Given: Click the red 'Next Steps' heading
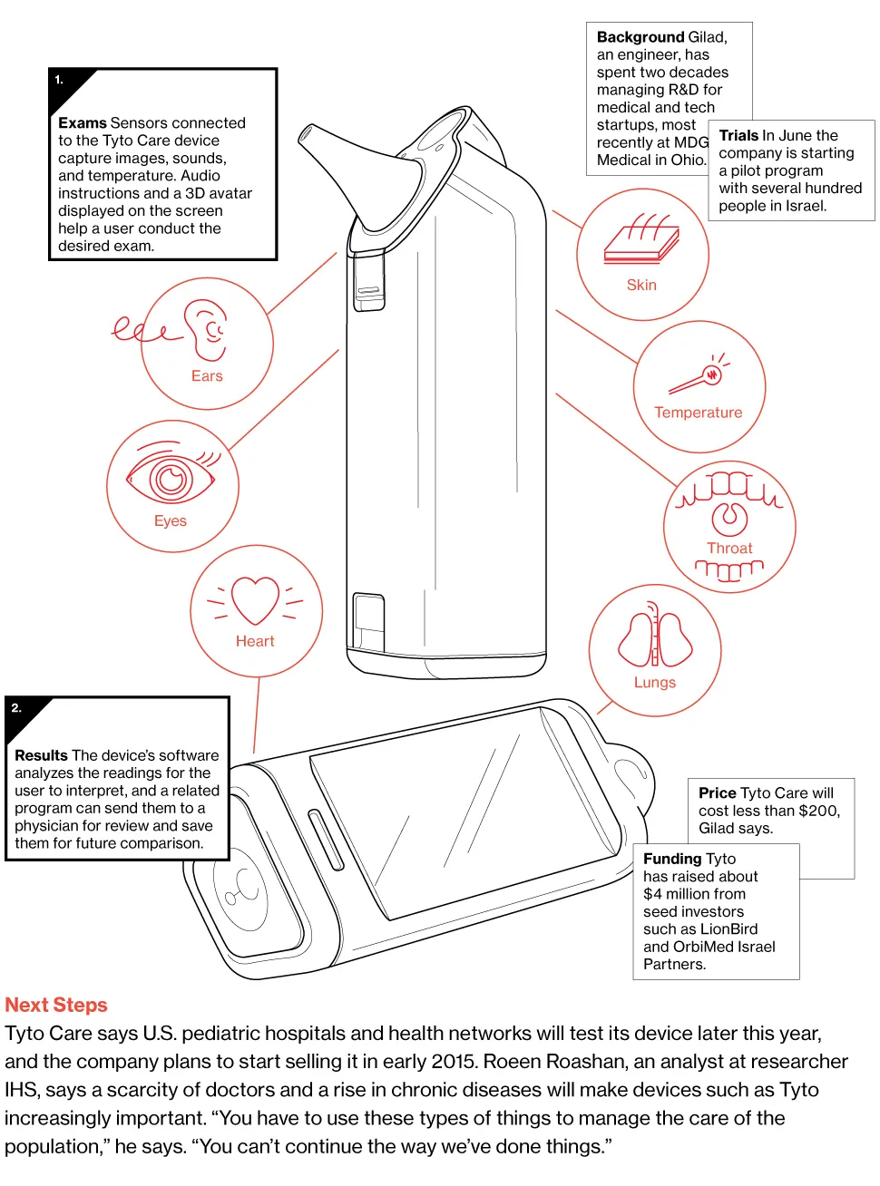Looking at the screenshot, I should tap(56, 1005).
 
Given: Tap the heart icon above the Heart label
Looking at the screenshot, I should tap(255, 599).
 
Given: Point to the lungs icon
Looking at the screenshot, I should tap(655, 639).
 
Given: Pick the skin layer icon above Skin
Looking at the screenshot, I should tap(642, 241).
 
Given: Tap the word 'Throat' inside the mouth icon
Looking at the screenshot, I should tap(729, 548).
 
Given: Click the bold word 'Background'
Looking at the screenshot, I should tap(640, 37).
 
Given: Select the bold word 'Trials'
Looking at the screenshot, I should tap(738, 135).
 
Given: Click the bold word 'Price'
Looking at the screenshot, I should tap(717, 792).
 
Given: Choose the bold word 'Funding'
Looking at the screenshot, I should tap(672, 859).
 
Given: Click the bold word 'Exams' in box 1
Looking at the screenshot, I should tap(83, 122).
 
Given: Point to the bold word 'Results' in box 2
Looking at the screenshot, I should tap(41, 755).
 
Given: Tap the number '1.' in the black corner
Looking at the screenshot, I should tap(59, 80).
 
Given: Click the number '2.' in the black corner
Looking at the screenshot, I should tap(16, 708).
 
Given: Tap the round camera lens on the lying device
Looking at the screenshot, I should tap(242, 888).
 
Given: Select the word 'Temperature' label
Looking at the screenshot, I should tap(699, 413).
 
